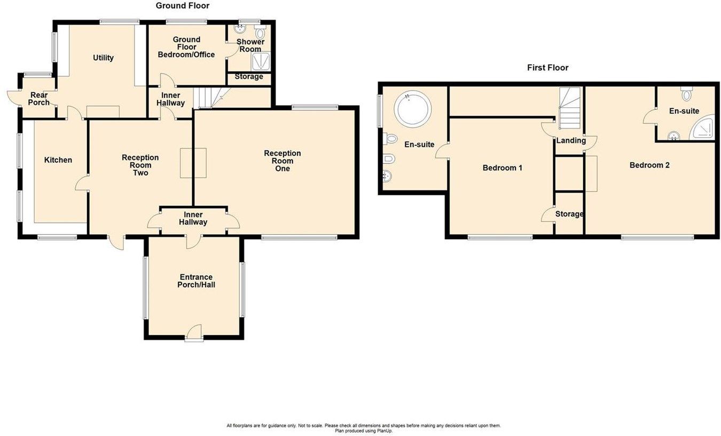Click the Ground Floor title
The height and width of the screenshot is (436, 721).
tap(182, 6)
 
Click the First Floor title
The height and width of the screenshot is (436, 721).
tap(547, 68)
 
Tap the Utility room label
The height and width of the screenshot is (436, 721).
tap(103, 58)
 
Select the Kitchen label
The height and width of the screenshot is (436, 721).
tap(58, 160)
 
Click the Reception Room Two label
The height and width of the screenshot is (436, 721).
tap(140, 165)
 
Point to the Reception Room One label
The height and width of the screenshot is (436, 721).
tap(282, 161)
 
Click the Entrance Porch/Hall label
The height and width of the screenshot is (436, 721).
tap(196, 281)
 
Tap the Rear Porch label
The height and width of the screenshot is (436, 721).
tap(39, 99)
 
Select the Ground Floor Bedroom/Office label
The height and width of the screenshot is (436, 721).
tap(186, 47)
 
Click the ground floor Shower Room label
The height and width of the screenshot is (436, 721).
tap(249, 45)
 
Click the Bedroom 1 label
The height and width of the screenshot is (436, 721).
tap(502, 168)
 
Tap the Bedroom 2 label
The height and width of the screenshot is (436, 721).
tap(649, 165)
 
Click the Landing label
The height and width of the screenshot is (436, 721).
tap(571, 141)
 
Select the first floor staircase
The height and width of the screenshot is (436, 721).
tap(570, 109)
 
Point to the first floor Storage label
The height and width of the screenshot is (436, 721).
tap(569, 214)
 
